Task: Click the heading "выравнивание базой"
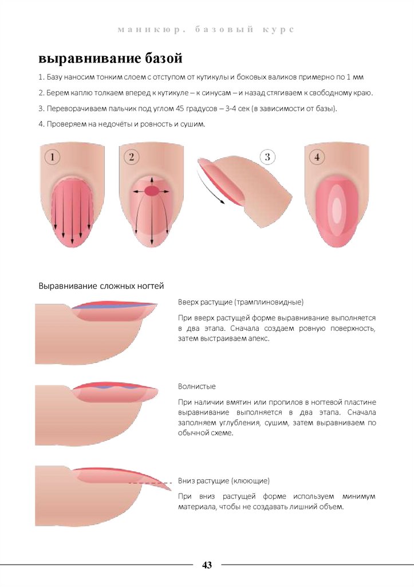click(x=111, y=58)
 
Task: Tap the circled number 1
click(x=52, y=156)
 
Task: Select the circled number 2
click(x=131, y=156)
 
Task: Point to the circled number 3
click(x=267, y=156)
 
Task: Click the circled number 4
click(x=317, y=156)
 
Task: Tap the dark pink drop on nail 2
click(x=152, y=191)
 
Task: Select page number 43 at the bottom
click(x=207, y=565)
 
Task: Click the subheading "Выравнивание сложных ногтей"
click(x=101, y=286)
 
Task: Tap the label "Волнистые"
click(x=197, y=386)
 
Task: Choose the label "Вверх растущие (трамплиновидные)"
click(x=240, y=302)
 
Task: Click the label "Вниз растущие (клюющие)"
click(x=224, y=481)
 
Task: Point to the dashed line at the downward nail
click(x=150, y=483)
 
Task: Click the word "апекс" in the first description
click(x=259, y=339)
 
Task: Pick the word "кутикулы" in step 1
click(x=212, y=77)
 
